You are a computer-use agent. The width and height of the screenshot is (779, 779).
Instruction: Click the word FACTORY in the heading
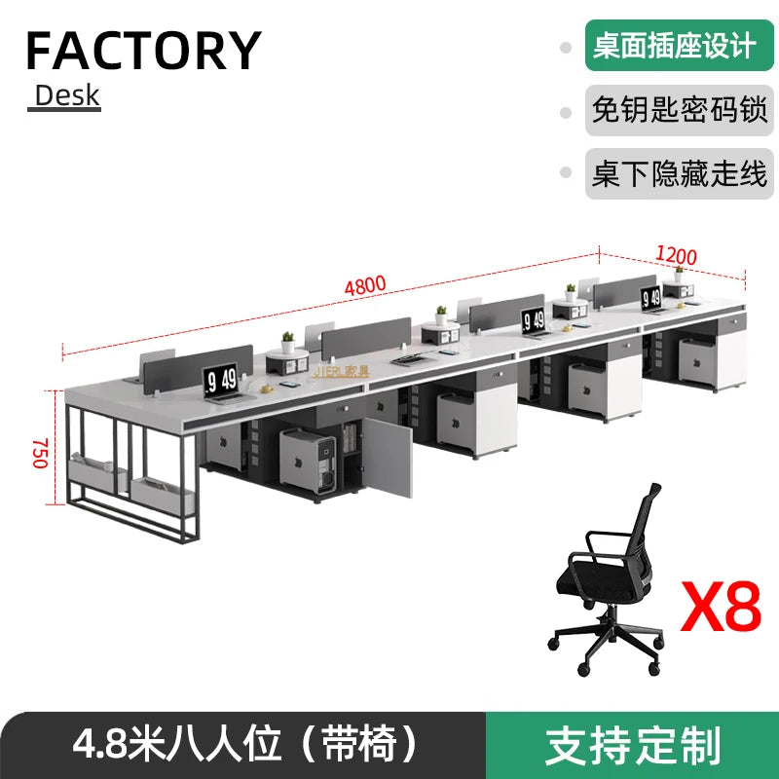143,50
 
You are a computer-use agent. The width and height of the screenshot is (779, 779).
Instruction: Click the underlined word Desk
67,95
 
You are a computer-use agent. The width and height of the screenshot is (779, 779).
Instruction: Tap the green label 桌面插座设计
674,47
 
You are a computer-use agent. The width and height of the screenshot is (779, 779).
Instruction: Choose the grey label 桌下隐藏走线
679,174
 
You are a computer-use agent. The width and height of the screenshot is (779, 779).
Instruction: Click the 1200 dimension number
676,255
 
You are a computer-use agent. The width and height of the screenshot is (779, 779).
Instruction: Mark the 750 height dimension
40,453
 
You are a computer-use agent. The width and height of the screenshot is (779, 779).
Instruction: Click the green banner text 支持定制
633,745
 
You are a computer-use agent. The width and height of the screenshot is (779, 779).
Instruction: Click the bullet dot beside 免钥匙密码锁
566,112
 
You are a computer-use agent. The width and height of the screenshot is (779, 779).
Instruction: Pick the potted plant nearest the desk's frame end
288,342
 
